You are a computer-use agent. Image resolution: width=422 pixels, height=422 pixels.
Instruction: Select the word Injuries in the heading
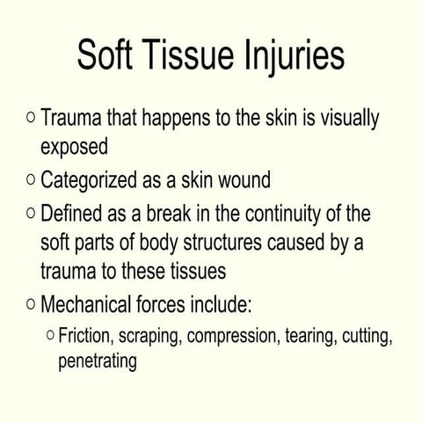[x=293, y=56]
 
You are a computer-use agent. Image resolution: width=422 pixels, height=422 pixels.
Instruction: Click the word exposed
[x=74, y=145]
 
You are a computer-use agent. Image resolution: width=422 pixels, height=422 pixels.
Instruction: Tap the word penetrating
[x=97, y=361]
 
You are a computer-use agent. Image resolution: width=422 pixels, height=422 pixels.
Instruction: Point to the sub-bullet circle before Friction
[x=50, y=335]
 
